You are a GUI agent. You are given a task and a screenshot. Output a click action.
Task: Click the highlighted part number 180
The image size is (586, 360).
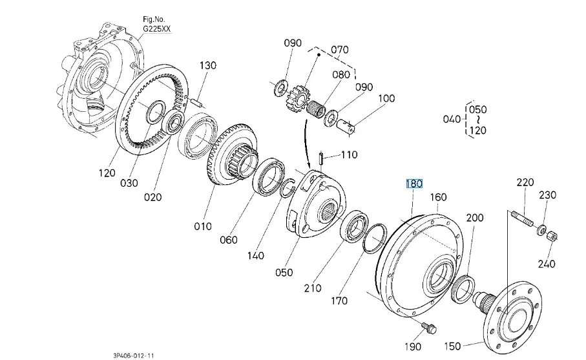pyautogui.click(x=413, y=184)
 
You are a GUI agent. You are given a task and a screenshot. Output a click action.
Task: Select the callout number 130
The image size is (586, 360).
pyautogui.click(x=207, y=66)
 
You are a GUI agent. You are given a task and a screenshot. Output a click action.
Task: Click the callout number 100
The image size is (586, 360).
pyautogui.click(x=386, y=99)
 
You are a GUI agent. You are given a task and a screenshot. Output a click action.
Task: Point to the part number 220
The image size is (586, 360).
pyautogui.click(x=525, y=183)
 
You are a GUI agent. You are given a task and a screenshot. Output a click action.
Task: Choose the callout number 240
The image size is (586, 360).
pyautogui.click(x=546, y=264)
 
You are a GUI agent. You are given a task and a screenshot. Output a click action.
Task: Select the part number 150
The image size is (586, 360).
pyautogui.click(x=453, y=346)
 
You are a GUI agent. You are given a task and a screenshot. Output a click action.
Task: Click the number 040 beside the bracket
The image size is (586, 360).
pyautogui.click(x=452, y=119)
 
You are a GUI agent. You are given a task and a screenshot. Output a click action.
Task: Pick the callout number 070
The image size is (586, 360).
pyautogui.click(x=339, y=50)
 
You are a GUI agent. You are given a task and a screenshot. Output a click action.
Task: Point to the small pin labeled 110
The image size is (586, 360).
pyautogui.click(x=320, y=158)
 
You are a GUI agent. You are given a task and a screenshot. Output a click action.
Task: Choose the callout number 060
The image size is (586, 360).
pyautogui.click(x=229, y=240)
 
